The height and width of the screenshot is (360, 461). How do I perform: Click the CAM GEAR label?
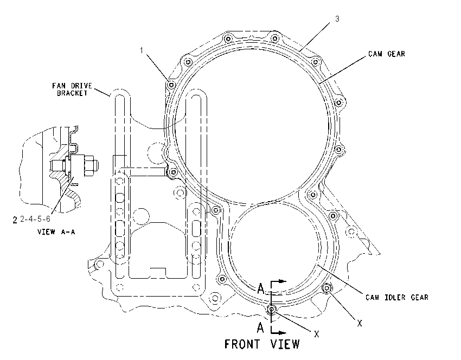[x=387, y=54]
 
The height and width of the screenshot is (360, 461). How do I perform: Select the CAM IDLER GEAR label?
[x=397, y=298]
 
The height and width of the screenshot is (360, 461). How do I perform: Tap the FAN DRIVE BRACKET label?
[x=72, y=89]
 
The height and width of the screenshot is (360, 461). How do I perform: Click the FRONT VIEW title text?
[x=262, y=344]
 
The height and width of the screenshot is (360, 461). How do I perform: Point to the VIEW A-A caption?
[x=56, y=232]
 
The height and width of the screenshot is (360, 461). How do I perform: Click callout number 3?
[x=337, y=19]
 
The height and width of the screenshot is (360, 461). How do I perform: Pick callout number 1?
[x=142, y=50]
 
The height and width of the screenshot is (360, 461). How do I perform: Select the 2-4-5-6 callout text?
[x=35, y=219]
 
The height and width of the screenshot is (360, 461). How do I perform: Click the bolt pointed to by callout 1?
[x=171, y=85]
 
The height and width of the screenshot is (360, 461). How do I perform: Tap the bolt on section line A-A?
[x=271, y=309]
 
